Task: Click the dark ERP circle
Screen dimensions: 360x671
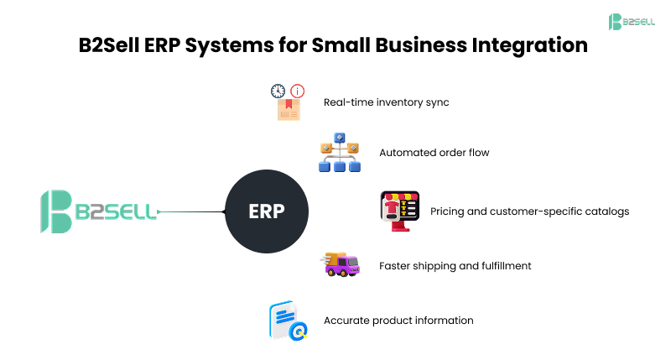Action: click(x=267, y=211)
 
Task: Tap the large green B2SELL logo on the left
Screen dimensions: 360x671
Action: click(x=99, y=211)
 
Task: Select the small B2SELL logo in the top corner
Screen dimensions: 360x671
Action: click(x=632, y=21)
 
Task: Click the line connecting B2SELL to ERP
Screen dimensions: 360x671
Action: click(x=191, y=211)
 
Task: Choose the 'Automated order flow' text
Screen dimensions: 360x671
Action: click(x=434, y=153)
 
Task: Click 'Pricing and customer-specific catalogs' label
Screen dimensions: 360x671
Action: click(x=529, y=211)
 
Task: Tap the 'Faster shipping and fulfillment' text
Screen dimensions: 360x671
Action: click(x=455, y=266)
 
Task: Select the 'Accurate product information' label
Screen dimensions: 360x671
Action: click(x=398, y=321)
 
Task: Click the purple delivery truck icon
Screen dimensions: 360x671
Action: click(x=341, y=264)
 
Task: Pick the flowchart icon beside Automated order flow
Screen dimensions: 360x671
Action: click(x=339, y=152)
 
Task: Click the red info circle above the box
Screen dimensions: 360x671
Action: click(x=298, y=91)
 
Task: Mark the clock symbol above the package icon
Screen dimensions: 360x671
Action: click(x=278, y=91)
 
